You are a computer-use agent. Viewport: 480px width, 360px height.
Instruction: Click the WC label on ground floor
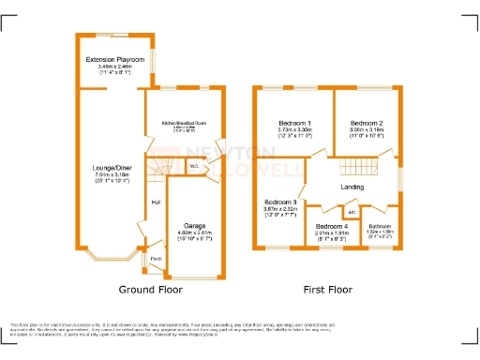click(193, 167)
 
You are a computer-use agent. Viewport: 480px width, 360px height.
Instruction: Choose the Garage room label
click(195, 225)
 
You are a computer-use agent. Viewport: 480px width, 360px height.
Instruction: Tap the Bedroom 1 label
click(295, 124)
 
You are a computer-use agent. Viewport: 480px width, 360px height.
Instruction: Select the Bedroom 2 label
click(367, 124)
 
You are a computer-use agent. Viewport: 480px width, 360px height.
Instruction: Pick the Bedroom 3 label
click(280, 202)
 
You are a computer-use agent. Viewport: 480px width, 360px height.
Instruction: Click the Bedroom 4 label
click(331, 227)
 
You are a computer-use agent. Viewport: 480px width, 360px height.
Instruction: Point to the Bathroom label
click(380, 227)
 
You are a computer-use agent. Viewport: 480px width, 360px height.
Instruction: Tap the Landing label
click(352, 187)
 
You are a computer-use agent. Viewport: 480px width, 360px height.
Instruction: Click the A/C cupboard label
click(337, 210)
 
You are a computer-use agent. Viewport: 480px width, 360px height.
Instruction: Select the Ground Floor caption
click(148, 290)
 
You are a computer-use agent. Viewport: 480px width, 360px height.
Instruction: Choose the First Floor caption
click(327, 290)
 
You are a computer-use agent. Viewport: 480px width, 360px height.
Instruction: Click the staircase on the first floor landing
click(356, 169)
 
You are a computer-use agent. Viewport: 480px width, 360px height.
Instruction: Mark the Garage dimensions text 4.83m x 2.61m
click(195, 232)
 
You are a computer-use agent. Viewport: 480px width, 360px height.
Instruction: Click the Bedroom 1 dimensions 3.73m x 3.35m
click(295, 131)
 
